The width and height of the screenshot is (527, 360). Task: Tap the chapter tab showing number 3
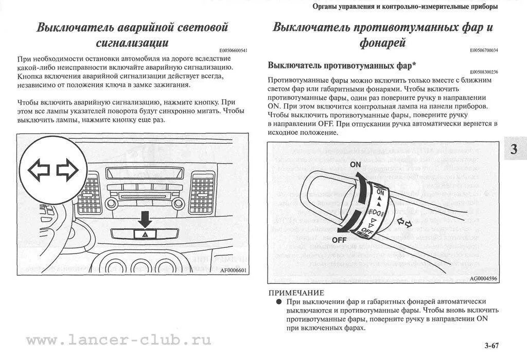click(x=514, y=150)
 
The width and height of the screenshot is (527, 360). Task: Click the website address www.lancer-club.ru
click(x=118, y=340)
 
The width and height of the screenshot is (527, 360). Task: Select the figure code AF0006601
click(x=233, y=271)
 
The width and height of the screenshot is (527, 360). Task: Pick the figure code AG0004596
click(x=483, y=278)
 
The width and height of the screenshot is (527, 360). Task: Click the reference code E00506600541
click(x=233, y=50)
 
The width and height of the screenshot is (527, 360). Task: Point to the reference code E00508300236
click(x=484, y=72)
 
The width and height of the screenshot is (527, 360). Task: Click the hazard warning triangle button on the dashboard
click(x=146, y=234)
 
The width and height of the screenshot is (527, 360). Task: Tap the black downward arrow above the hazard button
click(x=146, y=220)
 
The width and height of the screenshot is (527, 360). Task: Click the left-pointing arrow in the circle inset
click(x=38, y=170)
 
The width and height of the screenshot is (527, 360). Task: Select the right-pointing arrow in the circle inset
click(x=67, y=170)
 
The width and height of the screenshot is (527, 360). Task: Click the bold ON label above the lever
click(x=355, y=165)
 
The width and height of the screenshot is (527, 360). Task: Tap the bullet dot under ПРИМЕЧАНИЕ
click(x=278, y=301)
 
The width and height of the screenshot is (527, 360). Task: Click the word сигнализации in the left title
click(x=132, y=43)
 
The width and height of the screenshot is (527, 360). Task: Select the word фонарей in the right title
click(x=382, y=43)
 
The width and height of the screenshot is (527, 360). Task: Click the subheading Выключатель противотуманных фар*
click(x=342, y=65)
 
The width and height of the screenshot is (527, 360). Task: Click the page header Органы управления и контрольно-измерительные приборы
click(x=405, y=7)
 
